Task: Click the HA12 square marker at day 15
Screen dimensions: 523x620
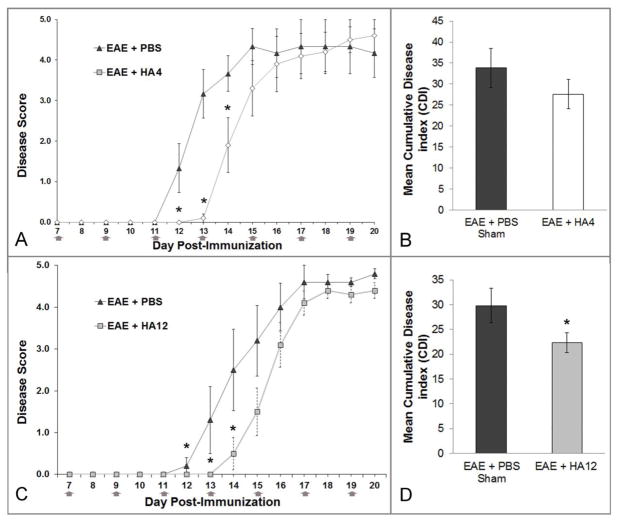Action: point(257,411)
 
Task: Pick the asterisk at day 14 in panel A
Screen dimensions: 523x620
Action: point(228,108)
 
